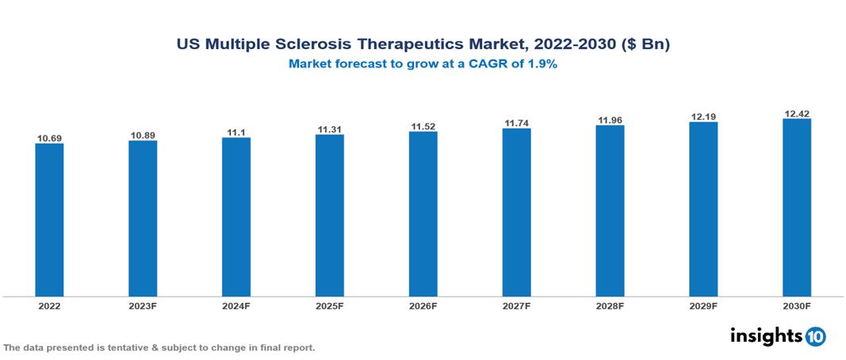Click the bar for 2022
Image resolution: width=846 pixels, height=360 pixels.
49,220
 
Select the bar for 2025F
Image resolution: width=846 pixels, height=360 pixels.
330,216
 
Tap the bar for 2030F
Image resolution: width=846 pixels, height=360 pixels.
797,208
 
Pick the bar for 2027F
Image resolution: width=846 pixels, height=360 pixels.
516,213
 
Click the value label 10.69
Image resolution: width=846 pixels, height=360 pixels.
49,139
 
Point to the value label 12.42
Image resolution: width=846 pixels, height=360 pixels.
797,114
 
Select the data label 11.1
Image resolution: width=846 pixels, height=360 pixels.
236,132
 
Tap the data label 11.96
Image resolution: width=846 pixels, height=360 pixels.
610,121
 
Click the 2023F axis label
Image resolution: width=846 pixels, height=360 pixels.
143,305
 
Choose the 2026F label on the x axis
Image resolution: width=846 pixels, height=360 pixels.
423,305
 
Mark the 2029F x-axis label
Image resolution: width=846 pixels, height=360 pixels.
703,305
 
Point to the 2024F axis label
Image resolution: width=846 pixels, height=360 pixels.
236,305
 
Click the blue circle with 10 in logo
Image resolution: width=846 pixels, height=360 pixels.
815,336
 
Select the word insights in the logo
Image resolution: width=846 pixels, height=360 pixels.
765,335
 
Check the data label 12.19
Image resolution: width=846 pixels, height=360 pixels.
703,117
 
